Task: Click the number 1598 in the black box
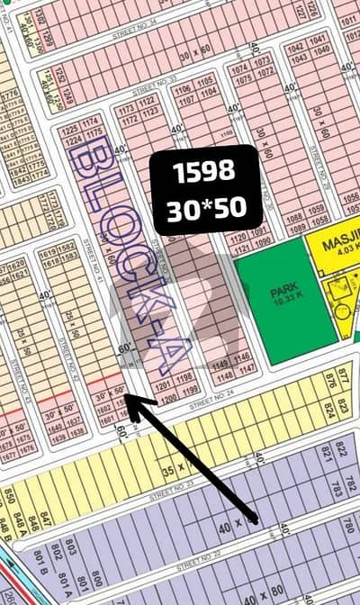click(x=206, y=170)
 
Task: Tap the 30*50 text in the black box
click(x=206, y=209)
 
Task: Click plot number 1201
click(x=162, y=380)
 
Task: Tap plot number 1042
click(x=318, y=41)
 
